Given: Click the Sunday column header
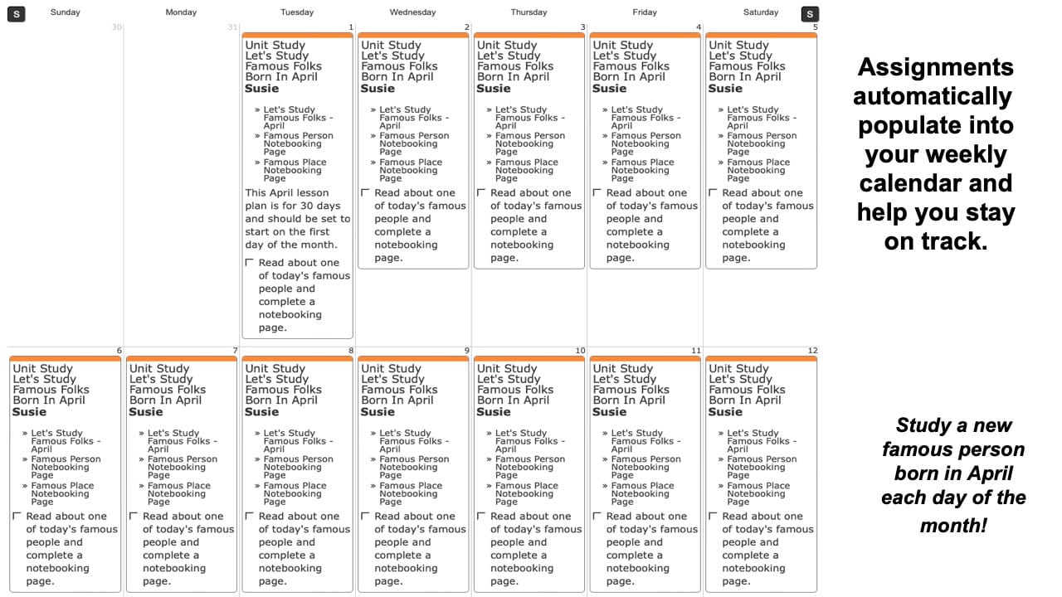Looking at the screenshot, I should [x=66, y=12].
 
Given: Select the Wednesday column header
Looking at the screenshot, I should [x=412, y=12].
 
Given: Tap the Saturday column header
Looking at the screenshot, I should [x=761, y=12].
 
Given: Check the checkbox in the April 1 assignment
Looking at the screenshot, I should [x=250, y=263].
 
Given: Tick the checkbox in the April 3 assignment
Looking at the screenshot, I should [x=481, y=193].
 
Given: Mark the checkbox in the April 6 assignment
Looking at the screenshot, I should [x=17, y=517].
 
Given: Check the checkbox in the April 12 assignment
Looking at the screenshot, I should [x=714, y=517].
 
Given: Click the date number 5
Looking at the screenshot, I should [x=815, y=27].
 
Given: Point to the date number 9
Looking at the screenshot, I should [x=467, y=351].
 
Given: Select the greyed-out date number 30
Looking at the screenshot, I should [x=116, y=27].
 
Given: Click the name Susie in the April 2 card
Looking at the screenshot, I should [x=378, y=88].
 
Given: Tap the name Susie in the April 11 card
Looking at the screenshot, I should [x=610, y=411].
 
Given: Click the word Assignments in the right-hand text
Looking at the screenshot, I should [x=935, y=67].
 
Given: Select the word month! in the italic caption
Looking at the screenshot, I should [x=953, y=526].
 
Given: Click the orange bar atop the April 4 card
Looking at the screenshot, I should [x=645, y=36].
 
